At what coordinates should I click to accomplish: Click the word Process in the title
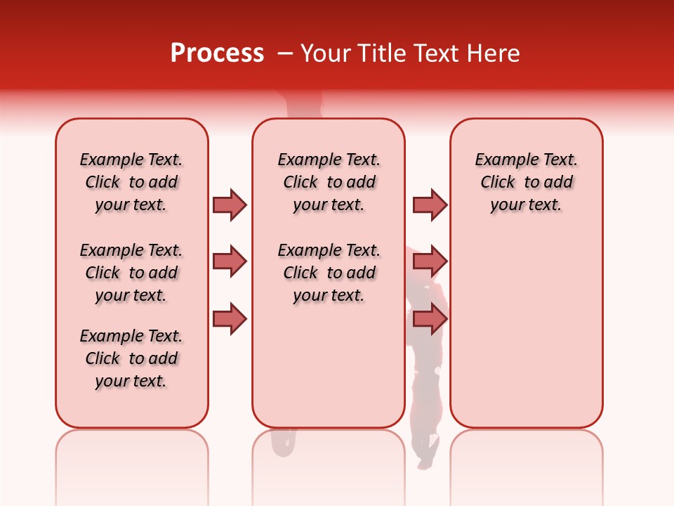[217, 53]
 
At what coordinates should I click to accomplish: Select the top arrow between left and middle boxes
[230, 205]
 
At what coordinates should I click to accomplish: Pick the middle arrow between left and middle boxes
[230, 262]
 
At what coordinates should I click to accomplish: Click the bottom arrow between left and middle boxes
[230, 319]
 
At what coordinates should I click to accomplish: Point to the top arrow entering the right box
[430, 205]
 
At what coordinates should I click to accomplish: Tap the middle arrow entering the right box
[430, 262]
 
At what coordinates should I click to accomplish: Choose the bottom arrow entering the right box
[430, 319]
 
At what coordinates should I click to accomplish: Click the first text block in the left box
[131, 182]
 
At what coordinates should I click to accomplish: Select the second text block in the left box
[131, 273]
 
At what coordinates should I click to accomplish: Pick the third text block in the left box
[131, 358]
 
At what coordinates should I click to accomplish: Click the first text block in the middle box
[329, 182]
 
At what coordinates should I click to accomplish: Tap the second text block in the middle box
[329, 273]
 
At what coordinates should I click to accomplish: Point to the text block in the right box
[527, 182]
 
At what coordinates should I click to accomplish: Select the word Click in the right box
[498, 183]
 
